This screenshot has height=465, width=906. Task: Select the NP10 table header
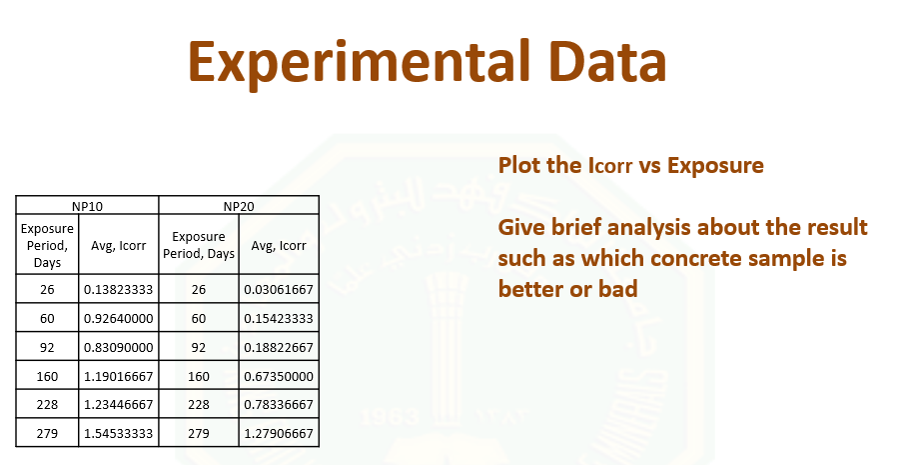pyautogui.click(x=88, y=206)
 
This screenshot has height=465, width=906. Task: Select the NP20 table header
pyautogui.click(x=239, y=206)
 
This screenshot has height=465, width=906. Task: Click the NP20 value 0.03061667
pyautogui.click(x=279, y=290)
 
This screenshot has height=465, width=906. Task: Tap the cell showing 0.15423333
pyautogui.click(x=279, y=318)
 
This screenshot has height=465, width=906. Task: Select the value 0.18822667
pyautogui.click(x=279, y=347)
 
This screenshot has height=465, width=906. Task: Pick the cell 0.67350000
pyautogui.click(x=279, y=376)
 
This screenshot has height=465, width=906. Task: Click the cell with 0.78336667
pyautogui.click(x=279, y=404)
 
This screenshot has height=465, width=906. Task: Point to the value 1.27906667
pyautogui.click(x=279, y=433)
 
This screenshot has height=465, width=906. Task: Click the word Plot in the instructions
pyautogui.click(x=519, y=165)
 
